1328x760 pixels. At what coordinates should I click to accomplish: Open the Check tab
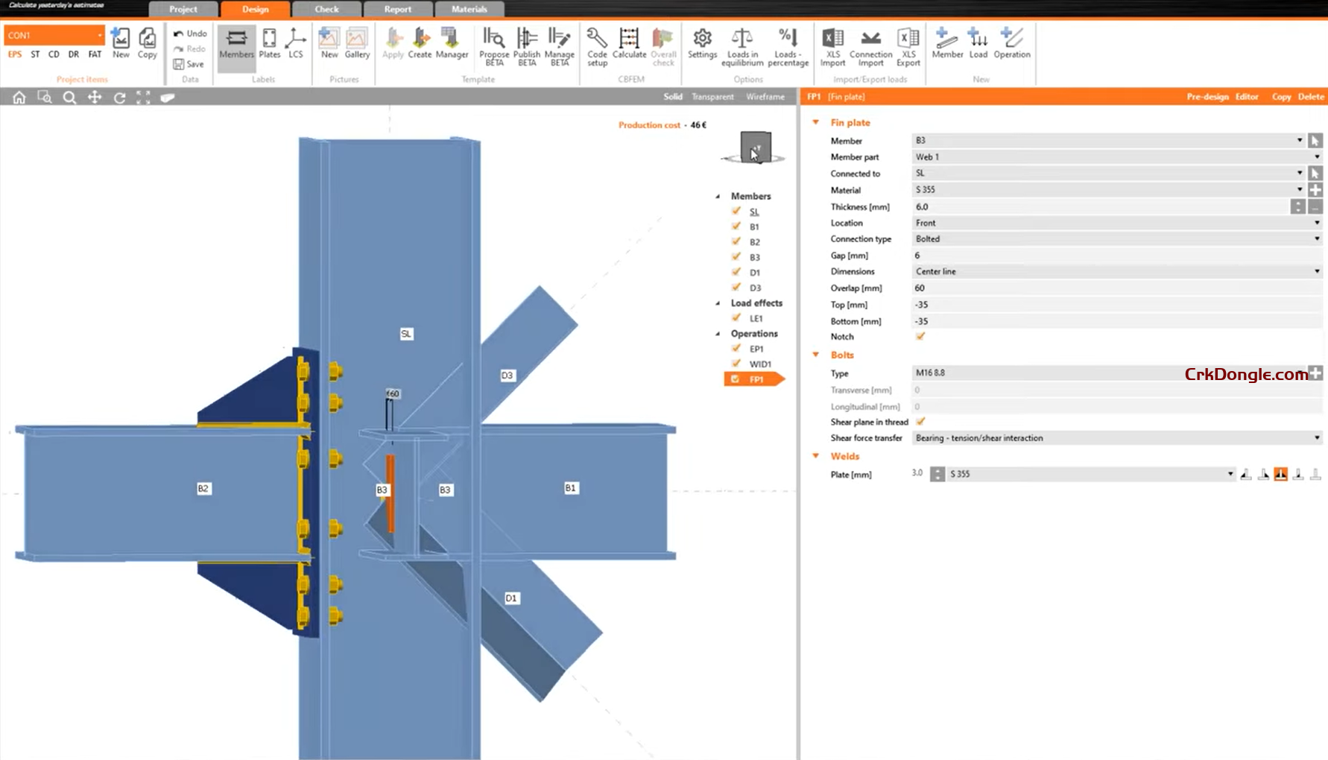[x=326, y=9]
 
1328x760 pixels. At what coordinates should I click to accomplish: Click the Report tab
[x=397, y=9]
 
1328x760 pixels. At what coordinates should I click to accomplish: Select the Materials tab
[x=469, y=9]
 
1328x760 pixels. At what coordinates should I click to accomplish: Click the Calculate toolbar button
[x=629, y=43]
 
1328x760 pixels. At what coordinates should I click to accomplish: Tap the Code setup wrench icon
[x=597, y=38]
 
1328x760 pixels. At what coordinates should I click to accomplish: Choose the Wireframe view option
[x=765, y=97]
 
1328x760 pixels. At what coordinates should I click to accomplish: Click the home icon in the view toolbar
[x=19, y=98]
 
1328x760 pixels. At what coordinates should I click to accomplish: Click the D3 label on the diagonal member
[x=507, y=376]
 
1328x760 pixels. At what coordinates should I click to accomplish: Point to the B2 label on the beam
[x=203, y=489]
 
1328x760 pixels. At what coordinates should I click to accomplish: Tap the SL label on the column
[x=406, y=334]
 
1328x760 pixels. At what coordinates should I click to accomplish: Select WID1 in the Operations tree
[x=760, y=364]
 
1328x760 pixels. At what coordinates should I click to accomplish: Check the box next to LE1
[x=736, y=318]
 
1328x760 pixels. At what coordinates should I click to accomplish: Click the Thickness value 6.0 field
[x=1099, y=207]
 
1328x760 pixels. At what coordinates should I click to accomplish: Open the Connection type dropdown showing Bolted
[x=1116, y=239]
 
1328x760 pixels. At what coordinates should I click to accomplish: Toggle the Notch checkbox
[x=920, y=337]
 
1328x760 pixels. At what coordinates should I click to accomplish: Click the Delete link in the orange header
[x=1311, y=97]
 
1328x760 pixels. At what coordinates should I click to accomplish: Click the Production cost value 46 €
[x=698, y=125]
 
